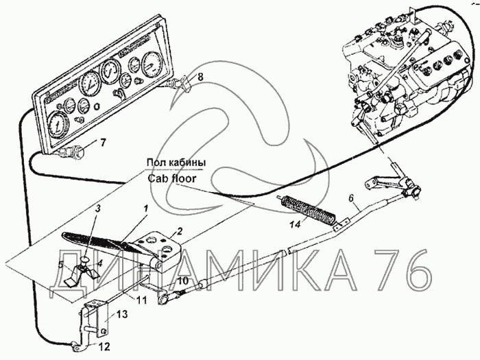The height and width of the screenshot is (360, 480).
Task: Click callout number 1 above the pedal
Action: click(146, 206)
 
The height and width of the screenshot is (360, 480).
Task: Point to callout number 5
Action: click(60, 264)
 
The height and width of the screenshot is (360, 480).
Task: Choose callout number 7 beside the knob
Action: click(103, 143)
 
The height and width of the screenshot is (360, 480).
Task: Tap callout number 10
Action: click(183, 281)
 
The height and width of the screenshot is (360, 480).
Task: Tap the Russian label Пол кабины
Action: click(176, 163)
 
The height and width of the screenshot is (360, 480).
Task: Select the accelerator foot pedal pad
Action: click(96, 242)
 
